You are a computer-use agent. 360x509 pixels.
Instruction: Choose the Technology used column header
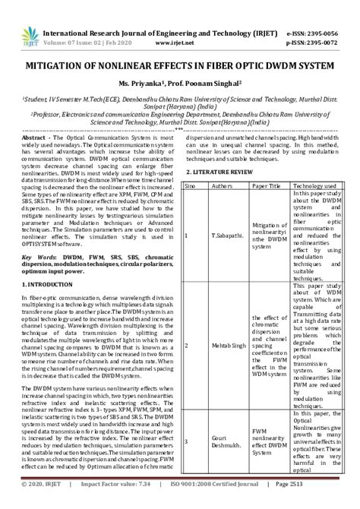click(x=317, y=185)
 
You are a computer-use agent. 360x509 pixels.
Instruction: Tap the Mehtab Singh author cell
click(x=222, y=344)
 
